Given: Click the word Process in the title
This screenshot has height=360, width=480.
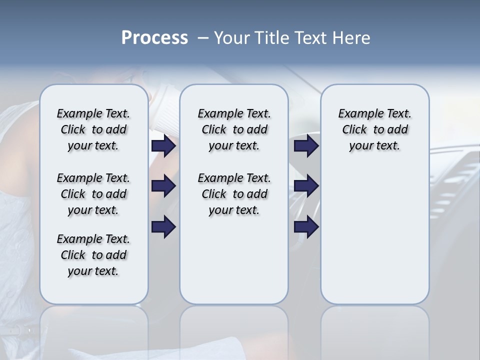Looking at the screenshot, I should [154, 38].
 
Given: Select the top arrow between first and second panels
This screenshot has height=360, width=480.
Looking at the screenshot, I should [163, 146].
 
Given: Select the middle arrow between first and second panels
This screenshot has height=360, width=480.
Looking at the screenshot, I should [163, 186].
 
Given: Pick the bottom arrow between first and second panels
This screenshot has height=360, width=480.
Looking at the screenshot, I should [163, 227].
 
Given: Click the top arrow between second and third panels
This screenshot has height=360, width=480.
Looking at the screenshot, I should [306, 146].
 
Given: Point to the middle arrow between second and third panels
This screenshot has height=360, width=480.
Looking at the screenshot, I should [306, 186].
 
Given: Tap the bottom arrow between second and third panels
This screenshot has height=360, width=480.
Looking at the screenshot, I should [306, 227].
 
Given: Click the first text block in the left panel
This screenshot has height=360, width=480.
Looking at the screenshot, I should [93, 129].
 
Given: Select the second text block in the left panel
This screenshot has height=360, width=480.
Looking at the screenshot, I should [93, 194].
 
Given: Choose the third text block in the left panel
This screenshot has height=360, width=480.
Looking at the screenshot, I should [93, 255].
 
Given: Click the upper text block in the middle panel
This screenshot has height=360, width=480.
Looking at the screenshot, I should [234, 129].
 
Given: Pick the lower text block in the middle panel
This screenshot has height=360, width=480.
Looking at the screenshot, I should [234, 194].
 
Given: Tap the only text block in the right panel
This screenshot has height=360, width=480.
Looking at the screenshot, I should [374, 129].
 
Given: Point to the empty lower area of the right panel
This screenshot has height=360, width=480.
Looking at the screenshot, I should [374, 235].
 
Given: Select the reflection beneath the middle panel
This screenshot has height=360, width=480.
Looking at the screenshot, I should [234, 325].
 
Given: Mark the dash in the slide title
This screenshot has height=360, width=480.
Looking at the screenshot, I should [203, 38].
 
